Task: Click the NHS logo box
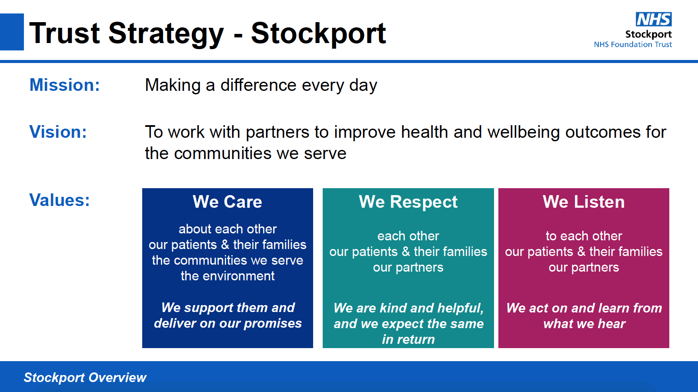(x=654, y=19)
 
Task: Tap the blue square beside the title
(x=12, y=32)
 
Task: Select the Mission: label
(x=64, y=85)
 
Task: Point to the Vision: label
(x=58, y=132)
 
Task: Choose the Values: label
(x=59, y=200)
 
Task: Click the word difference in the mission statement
(x=258, y=85)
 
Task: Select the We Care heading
(x=227, y=202)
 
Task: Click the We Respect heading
(x=408, y=203)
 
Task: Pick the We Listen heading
(x=584, y=202)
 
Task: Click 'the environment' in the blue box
(x=227, y=276)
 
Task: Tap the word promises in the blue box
(x=273, y=324)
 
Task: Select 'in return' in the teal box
(x=408, y=339)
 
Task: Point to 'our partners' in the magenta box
(x=584, y=268)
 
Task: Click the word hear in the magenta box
(x=612, y=324)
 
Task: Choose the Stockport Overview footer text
(x=85, y=378)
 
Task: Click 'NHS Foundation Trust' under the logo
(x=633, y=44)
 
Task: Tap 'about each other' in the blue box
(x=227, y=229)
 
